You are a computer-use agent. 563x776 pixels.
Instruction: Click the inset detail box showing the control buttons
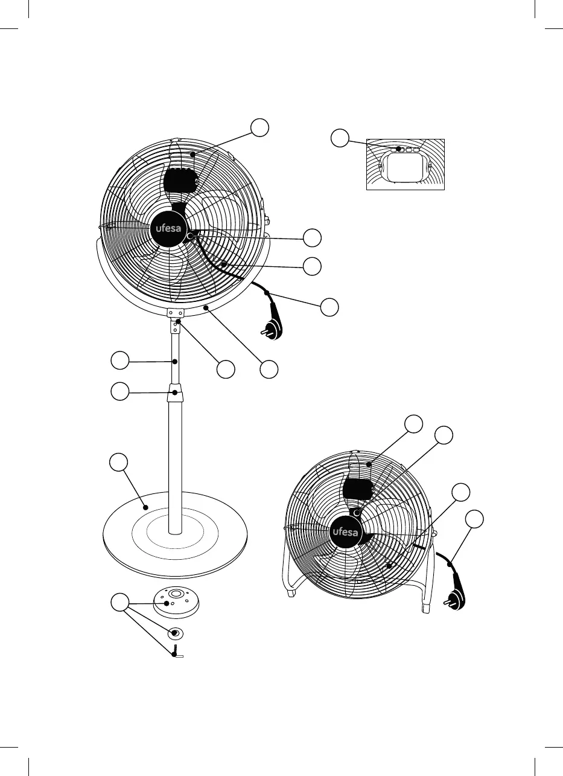[406, 165]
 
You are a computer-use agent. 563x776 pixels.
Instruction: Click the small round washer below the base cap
[175, 633]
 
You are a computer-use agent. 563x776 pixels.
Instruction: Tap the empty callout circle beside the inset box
[340, 137]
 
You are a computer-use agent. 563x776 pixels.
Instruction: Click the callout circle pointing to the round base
[119, 463]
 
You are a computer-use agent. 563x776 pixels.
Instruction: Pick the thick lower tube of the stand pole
[176, 465]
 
